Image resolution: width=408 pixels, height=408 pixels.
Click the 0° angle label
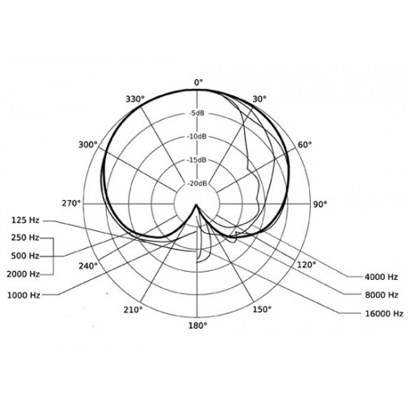pyautogui.click(x=198, y=82)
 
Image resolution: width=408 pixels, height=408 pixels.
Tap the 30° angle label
pyautogui.click(x=259, y=100)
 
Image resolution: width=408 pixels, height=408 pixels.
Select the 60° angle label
pyautogui.click(x=304, y=144)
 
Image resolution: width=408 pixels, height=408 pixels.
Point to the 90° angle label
pyautogui.click(x=320, y=204)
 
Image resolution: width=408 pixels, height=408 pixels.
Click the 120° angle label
pyautogui.click(x=306, y=264)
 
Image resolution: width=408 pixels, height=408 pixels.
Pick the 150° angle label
pyautogui.click(x=262, y=309)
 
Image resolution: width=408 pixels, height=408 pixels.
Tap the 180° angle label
pyautogui.click(x=197, y=326)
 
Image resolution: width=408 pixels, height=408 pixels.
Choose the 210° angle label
pyautogui.click(x=133, y=309)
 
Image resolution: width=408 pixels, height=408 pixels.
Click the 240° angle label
pyautogui.click(x=88, y=266)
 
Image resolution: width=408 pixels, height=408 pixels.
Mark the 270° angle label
pyautogui.click(x=71, y=203)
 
